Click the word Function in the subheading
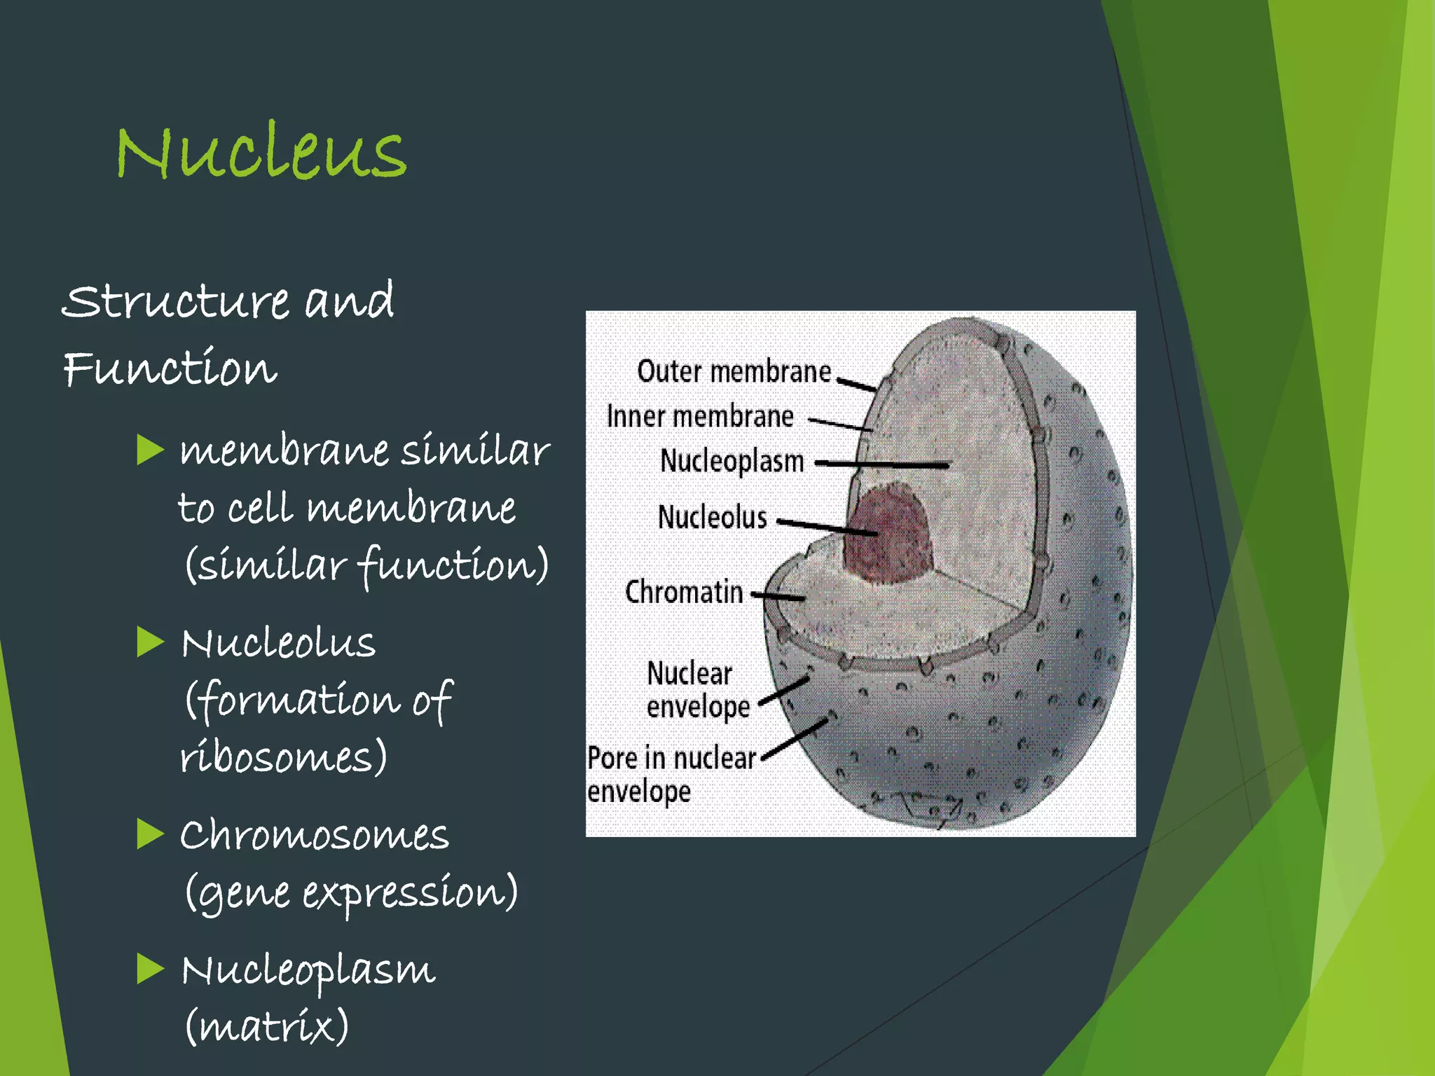click(x=170, y=368)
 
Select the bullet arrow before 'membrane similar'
click(x=150, y=450)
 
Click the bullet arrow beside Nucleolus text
click(x=150, y=642)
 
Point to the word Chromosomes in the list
click(x=314, y=835)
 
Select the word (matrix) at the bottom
click(x=266, y=1027)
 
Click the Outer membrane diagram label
click(x=734, y=371)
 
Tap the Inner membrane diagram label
click(x=700, y=417)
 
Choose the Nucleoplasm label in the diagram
click(x=732, y=462)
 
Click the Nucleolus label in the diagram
click(x=712, y=518)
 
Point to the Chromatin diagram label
click(x=684, y=593)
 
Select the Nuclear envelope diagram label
click(x=696, y=690)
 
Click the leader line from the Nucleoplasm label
click(x=883, y=464)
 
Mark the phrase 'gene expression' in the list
click(x=350, y=893)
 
